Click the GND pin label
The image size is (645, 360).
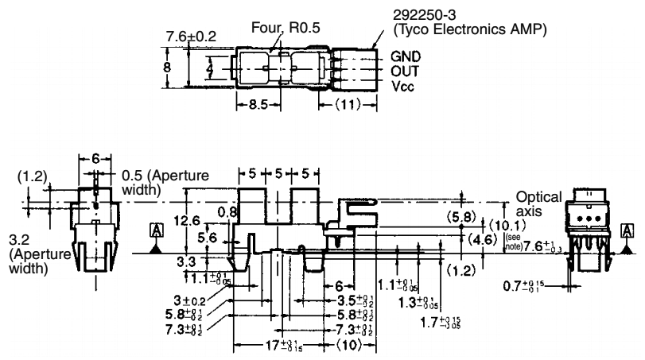[405, 57]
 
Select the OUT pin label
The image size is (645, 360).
[405, 70]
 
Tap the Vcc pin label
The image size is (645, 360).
[403, 83]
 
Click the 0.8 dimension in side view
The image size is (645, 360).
[228, 212]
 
